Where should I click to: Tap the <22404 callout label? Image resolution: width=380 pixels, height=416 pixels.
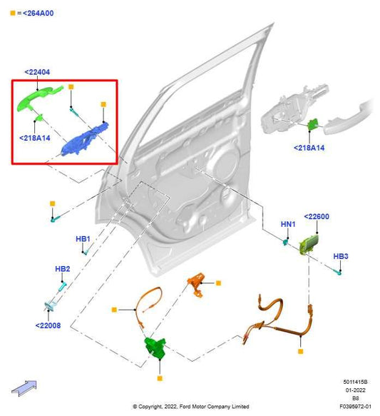[36, 72]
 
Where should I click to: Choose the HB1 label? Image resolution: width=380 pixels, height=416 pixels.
[83, 238]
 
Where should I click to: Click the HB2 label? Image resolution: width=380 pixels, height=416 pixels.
[63, 269]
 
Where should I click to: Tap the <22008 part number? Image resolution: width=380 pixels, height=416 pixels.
[48, 325]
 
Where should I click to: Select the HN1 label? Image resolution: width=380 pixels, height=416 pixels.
[288, 224]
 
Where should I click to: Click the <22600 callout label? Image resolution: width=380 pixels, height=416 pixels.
[317, 216]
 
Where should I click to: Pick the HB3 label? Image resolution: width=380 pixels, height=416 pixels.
[341, 256]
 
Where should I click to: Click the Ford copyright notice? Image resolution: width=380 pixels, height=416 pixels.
[190, 406]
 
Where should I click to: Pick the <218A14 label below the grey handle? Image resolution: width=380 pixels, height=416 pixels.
[309, 148]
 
